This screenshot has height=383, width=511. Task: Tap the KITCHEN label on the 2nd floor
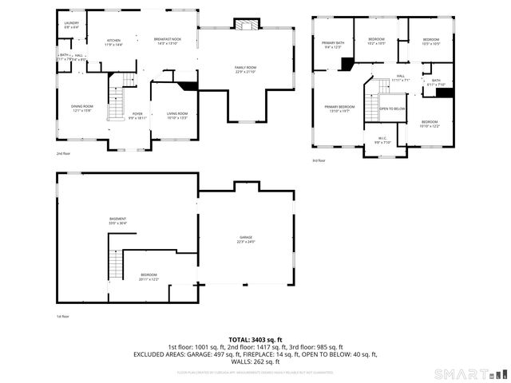[x=114, y=41]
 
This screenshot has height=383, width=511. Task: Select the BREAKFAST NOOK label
[x=168, y=41]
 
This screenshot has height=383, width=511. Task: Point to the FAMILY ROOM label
[x=245, y=69]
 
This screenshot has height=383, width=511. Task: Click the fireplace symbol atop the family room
[x=246, y=25]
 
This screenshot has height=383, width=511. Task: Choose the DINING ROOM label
[x=82, y=108]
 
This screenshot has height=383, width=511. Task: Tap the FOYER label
[x=137, y=115]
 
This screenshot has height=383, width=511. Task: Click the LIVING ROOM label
[x=177, y=115]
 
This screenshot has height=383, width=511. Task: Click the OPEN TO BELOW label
[x=392, y=109]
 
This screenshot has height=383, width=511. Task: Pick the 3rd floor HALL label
[x=401, y=77]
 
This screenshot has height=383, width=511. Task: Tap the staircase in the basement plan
[x=117, y=263]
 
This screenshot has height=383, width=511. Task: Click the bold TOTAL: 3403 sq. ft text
[x=255, y=339]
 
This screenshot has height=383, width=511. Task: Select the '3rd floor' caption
[x=319, y=160]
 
